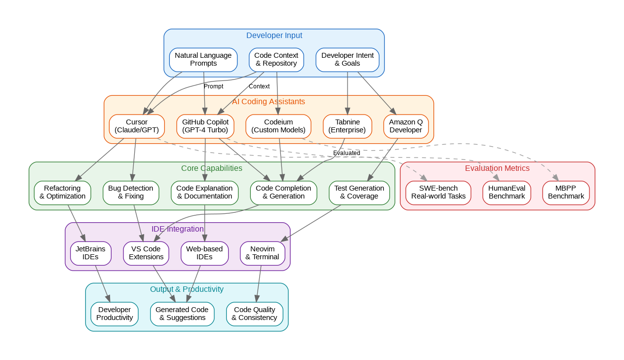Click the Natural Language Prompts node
coord(203,59)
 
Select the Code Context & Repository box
coord(276,59)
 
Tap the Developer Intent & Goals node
coord(348,59)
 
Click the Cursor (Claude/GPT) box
coord(137,126)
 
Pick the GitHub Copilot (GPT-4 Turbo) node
coord(205,126)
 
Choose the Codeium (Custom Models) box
coord(278,126)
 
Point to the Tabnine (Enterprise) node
coord(347,126)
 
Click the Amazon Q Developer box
coord(406,126)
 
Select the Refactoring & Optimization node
coord(62,192)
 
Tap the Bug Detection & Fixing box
coord(131,192)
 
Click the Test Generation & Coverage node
coord(359,192)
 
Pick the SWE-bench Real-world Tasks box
coord(438,192)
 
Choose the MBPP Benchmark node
coord(566,192)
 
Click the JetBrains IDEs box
coord(90,253)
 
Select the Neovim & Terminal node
coord(262,253)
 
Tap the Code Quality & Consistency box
coord(255,314)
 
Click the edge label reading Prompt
coord(213,86)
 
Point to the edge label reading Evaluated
coord(347,153)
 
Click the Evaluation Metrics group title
coord(497,168)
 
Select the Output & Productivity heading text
coord(187,289)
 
